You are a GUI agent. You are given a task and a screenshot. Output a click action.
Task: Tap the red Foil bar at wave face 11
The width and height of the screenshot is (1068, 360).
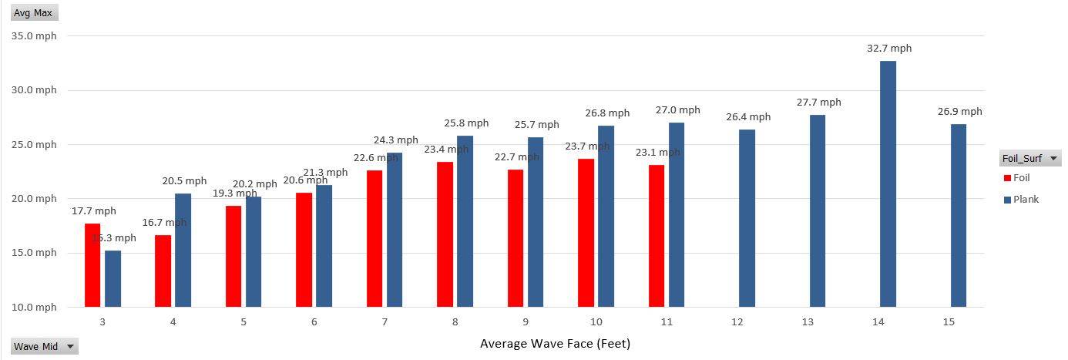pos(656,235)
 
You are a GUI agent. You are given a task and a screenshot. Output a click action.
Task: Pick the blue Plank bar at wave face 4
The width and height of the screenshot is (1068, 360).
pos(183,250)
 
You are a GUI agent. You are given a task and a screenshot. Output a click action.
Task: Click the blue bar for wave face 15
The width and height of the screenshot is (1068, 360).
pos(958,215)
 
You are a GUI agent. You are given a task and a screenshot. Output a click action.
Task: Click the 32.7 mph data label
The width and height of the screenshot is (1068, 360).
pos(888,49)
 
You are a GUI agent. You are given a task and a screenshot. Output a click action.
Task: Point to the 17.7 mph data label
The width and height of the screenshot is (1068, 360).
pos(94,211)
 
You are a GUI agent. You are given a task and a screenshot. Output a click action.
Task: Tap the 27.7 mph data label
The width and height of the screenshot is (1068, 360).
pos(818,103)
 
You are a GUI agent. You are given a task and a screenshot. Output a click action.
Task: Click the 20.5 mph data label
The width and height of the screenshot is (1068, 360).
pos(184,181)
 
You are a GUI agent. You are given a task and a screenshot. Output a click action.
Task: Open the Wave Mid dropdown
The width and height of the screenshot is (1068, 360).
pos(45,347)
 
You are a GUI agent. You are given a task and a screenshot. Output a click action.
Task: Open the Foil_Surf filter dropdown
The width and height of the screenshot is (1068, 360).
pos(1029,159)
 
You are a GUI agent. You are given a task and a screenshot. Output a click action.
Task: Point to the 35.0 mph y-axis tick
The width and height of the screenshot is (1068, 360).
pos(34,36)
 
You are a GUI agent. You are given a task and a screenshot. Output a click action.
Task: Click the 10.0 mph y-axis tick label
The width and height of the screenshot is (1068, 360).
pos(34,308)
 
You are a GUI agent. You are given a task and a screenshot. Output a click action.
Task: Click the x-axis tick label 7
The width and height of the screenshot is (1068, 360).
pos(384,322)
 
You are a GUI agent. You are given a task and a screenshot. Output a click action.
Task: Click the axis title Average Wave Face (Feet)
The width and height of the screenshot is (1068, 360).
pos(555,344)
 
